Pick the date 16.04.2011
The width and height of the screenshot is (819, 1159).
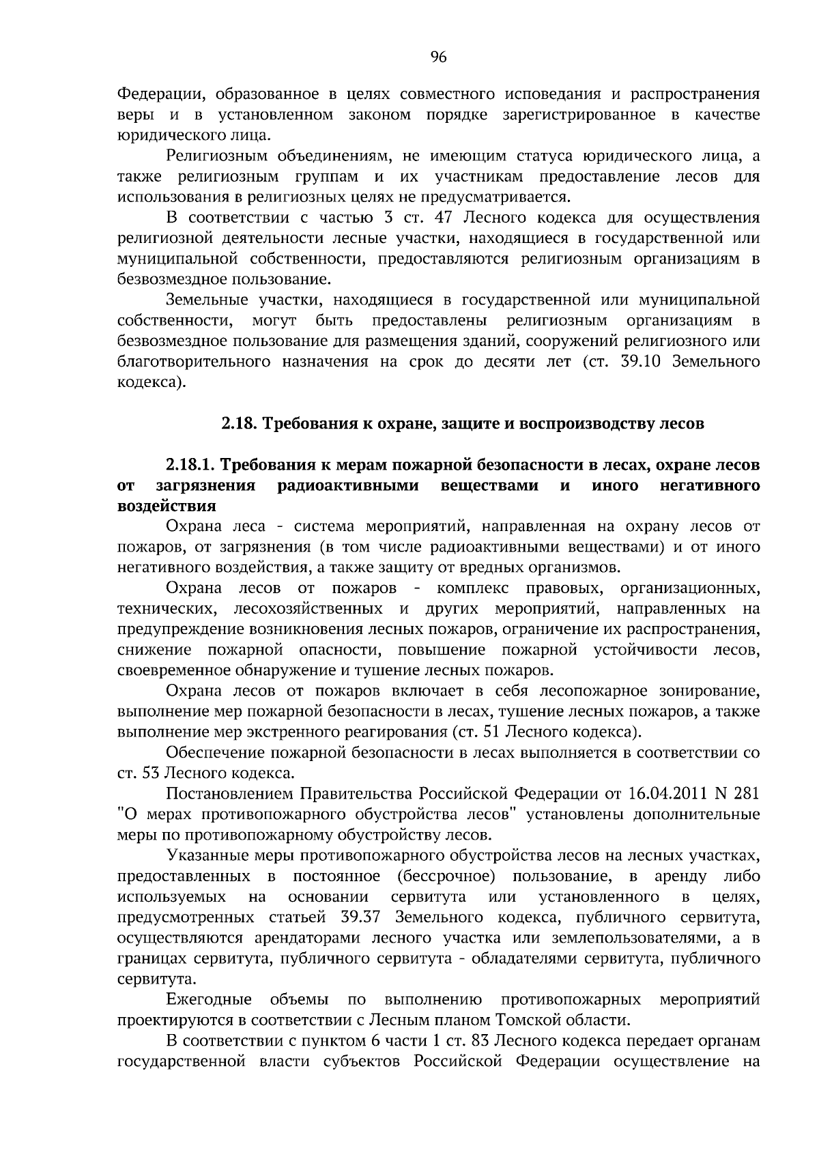coord(660,794)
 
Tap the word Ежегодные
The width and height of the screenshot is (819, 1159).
coord(209,1000)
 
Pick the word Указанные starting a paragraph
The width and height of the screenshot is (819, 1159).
coord(202,855)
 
